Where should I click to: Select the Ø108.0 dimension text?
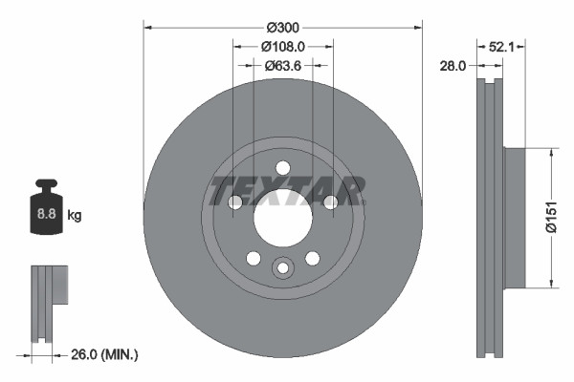click(x=282, y=46)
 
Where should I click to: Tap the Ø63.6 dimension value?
click(x=282, y=66)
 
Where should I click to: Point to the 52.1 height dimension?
click(x=501, y=46)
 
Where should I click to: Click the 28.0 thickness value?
click(x=453, y=66)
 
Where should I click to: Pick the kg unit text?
click(x=75, y=216)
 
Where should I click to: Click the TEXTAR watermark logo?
click(x=286, y=191)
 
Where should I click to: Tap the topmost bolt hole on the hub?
click(x=282, y=168)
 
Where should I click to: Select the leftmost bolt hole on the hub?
click(x=234, y=202)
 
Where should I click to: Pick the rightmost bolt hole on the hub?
click(x=330, y=202)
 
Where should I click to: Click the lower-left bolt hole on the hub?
click(x=253, y=258)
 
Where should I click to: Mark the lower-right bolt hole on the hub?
click(x=312, y=258)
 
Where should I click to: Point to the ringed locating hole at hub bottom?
click(x=282, y=269)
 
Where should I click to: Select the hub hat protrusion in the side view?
click(x=514, y=217)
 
